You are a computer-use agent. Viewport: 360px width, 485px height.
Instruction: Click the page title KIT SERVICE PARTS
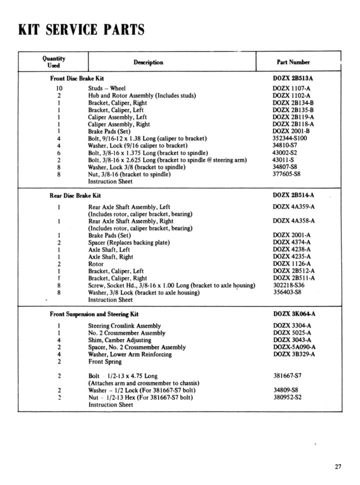click(x=81, y=30)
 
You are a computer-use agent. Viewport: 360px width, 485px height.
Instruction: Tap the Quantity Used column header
click(x=53, y=61)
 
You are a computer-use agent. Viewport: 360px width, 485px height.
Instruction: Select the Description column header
click(x=148, y=62)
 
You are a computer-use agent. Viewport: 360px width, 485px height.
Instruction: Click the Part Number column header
click(x=293, y=62)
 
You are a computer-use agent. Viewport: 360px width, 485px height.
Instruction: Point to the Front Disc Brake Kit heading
click(x=77, y=78)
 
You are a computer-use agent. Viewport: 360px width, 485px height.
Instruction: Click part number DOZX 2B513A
click(x=296, y=78)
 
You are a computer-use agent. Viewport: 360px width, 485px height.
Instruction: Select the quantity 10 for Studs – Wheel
click(x=59, y=88)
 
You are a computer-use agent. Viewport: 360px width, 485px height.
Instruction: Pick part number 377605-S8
click(x=290, y=174)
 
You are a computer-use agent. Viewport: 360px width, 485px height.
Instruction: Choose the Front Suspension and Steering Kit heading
click(x=94, y=314)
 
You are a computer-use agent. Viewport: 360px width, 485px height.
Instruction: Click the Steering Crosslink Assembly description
click(x=124, y=325)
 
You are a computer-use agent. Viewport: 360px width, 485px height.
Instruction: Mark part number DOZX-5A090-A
click(x=297, y=347)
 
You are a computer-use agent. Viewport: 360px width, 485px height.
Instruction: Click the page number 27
click(x=338, y=467)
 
